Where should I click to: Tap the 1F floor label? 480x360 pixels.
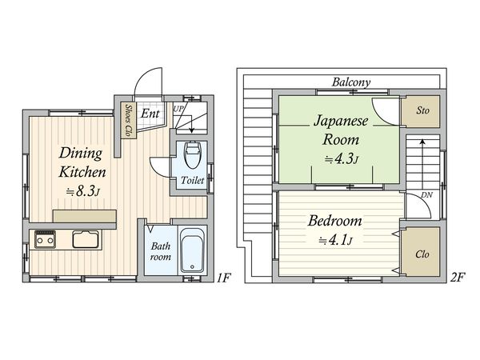coord(225,279)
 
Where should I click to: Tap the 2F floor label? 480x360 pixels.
coord(457,279)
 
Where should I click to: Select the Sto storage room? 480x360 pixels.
coord(421,110)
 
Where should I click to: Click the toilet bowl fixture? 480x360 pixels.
coord(193,154)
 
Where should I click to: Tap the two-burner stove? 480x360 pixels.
coord(46,238)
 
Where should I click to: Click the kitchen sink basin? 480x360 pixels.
coord(85,238)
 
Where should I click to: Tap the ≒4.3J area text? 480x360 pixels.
coord(341,158)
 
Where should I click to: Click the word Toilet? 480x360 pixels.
coord(193,181)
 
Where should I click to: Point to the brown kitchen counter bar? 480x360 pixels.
coord(85,214)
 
